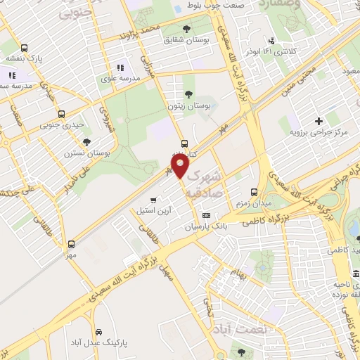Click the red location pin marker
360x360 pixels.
181,167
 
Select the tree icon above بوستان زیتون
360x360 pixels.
187,93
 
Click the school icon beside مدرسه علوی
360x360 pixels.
120,68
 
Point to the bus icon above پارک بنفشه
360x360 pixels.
25,49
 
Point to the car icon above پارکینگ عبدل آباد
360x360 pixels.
98,331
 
